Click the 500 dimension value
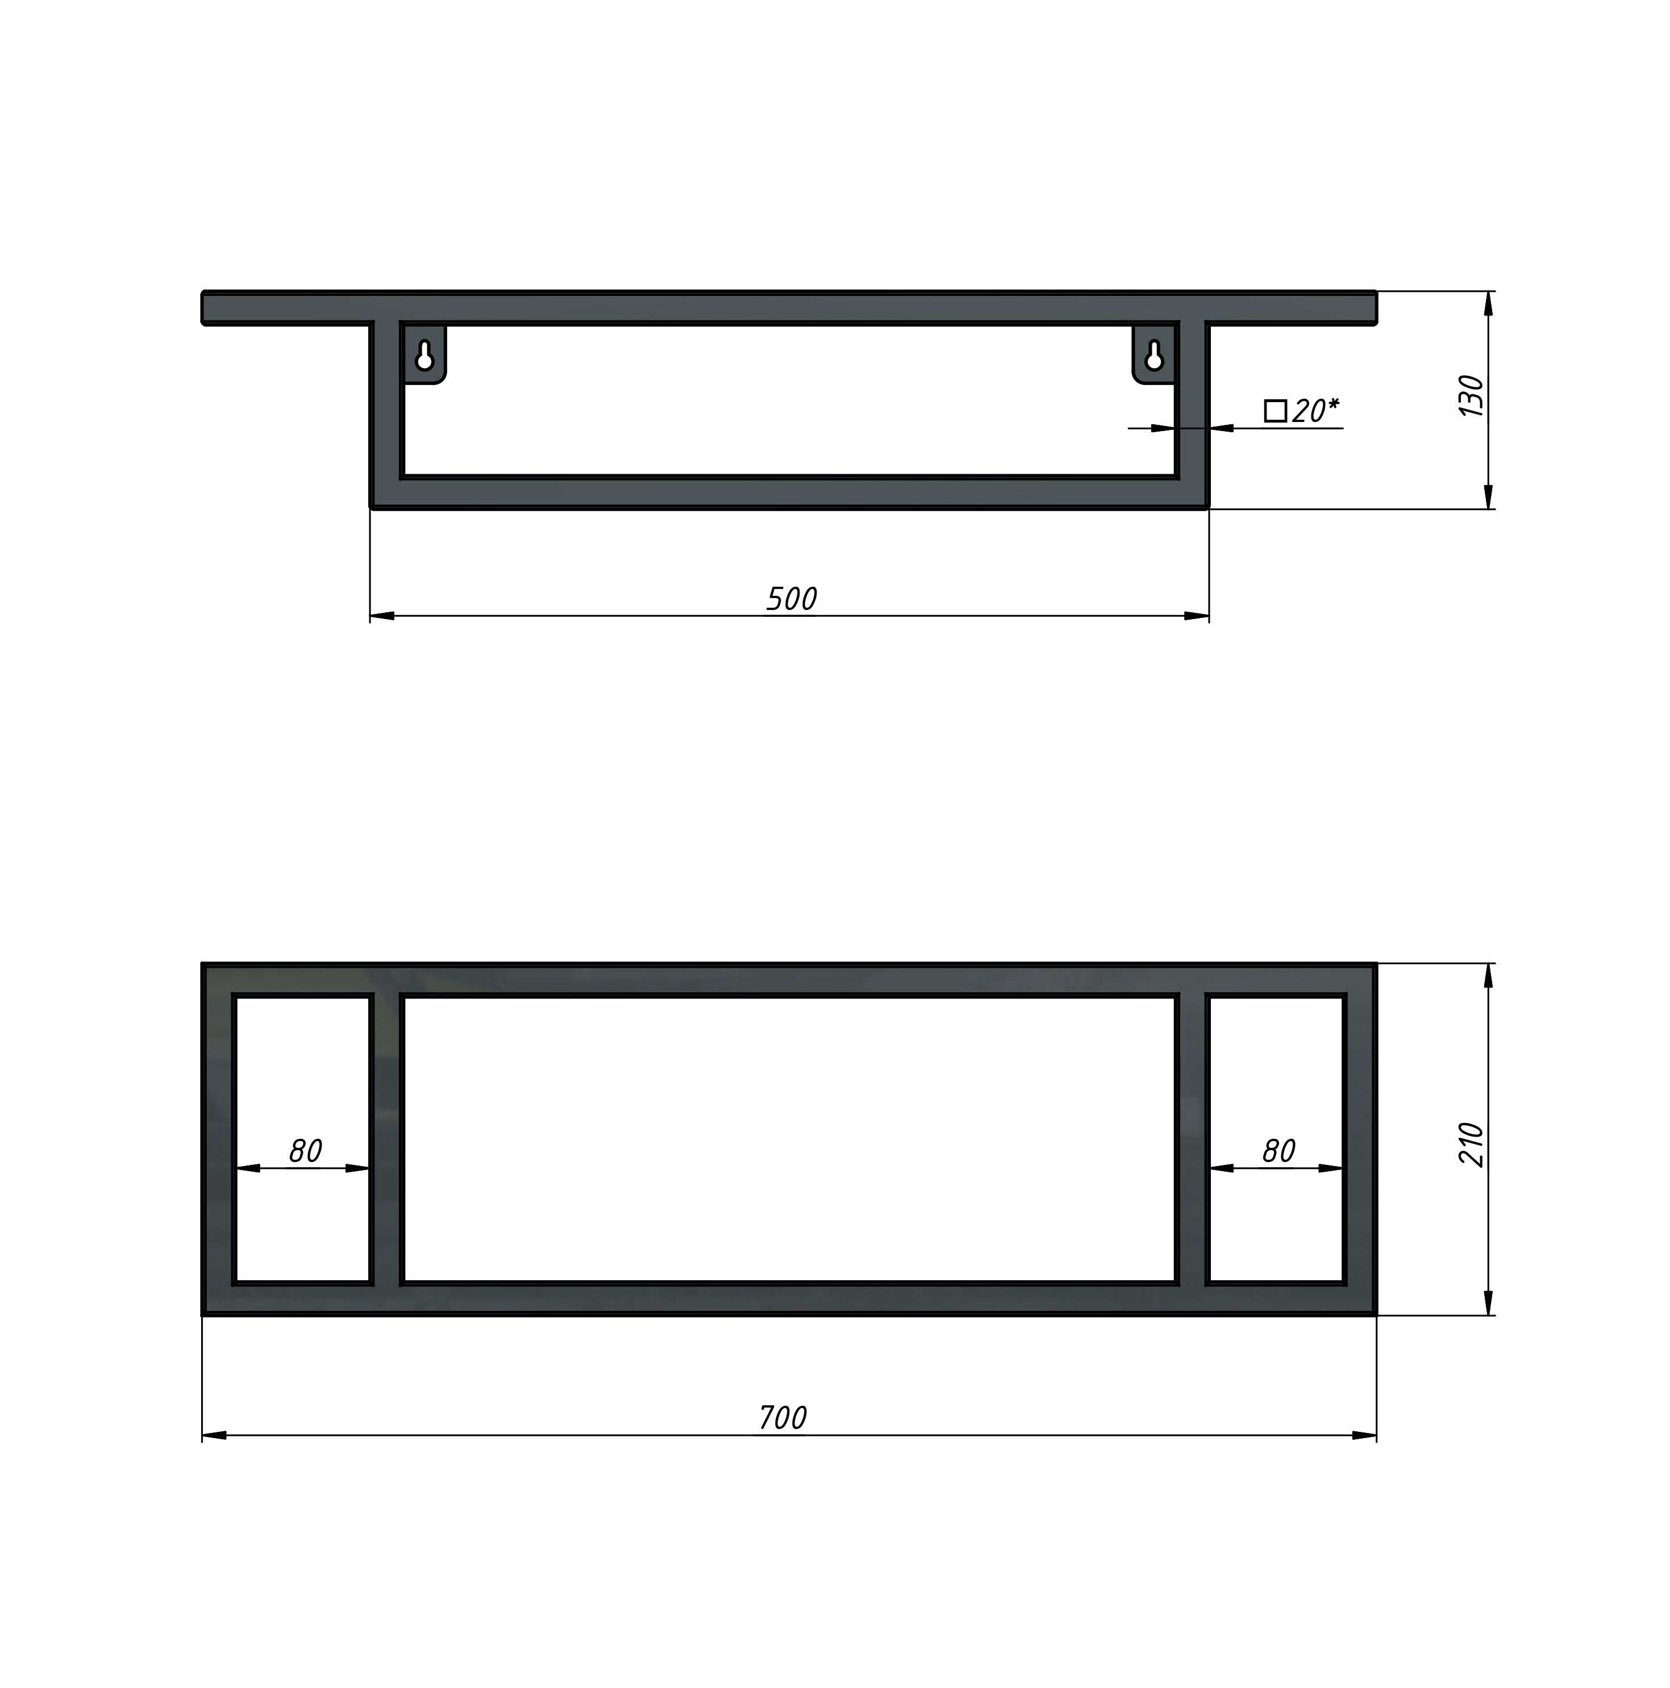791,599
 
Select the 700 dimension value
782,1417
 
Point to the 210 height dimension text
1472,1144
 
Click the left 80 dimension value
305,1151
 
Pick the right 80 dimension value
1278,1151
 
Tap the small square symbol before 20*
1275,411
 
